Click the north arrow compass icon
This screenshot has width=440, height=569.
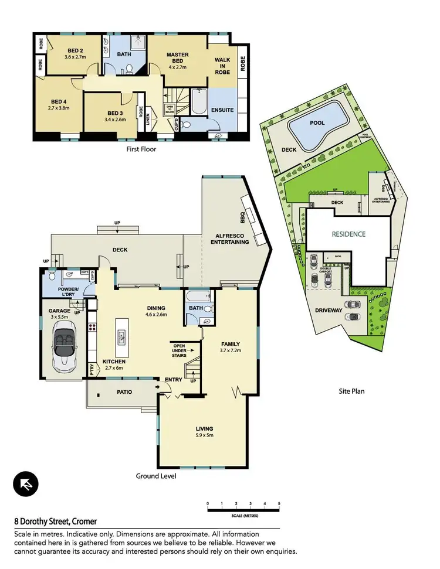click(x=26, y=483)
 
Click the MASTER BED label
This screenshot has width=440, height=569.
click(x=177, y=58)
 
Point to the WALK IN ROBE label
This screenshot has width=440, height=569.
click(x=222, y=66)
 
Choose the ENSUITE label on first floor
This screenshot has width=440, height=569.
click(x=223, y=110)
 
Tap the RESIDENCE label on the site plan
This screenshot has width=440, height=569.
click(x=348, y=234)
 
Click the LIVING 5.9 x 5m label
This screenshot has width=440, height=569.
click(x=205, y=432)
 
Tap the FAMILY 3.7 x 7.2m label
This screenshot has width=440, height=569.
click(x=230, y=347)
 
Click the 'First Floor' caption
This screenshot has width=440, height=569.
click(x=141, y=149)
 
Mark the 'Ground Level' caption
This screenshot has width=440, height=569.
click(x=156, y=476)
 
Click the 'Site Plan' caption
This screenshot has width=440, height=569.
click(x=352, y=390)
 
